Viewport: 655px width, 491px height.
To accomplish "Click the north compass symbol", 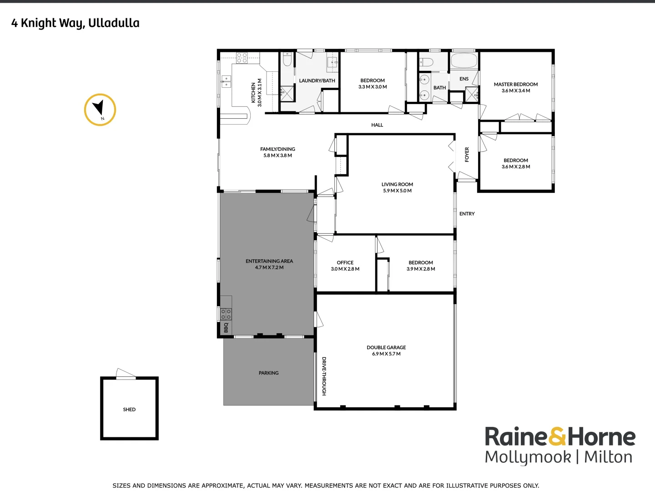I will pos(100,110).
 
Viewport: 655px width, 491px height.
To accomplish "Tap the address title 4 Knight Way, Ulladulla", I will pos(76,23).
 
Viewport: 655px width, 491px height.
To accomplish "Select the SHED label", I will pos(129,410).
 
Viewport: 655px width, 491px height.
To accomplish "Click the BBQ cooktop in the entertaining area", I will pos(226,314).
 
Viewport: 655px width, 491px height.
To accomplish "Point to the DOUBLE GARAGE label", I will pos(386,347).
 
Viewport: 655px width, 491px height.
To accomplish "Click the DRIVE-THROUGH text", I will pos(324,376).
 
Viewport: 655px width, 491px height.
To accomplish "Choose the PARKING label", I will pos(268,373).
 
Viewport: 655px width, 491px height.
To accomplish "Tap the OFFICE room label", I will pos(345,262).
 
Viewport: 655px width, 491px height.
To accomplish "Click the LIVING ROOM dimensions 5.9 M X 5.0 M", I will pos(397,191).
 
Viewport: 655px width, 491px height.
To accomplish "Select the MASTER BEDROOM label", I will pos(516,84).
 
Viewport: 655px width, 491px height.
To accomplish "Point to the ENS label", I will pos(464,79).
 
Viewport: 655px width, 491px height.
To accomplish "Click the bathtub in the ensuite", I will pos(464,60).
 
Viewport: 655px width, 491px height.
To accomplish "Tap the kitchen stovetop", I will pos(242,58).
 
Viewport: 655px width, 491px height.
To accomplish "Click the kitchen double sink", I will pos(226,81).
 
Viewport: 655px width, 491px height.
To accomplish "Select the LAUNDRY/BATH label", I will pos(317,80).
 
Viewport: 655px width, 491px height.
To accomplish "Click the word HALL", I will pos(377,125).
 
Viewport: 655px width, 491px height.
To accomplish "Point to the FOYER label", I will pos(467,155).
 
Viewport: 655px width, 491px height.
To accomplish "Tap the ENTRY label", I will pos(467,214).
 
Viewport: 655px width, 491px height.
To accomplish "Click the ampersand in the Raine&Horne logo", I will pos(557,436).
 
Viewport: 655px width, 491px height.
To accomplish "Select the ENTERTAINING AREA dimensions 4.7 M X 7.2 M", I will pos(269,268).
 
